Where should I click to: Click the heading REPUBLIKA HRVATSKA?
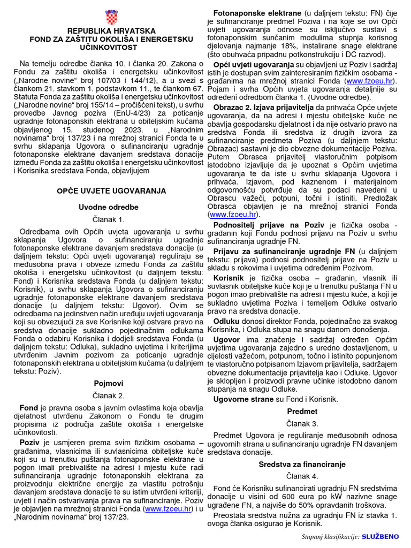pos(111,32)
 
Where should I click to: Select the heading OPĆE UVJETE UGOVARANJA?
pos(111,191)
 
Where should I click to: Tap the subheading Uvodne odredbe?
pos(111,207)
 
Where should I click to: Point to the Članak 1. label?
pos(111,219)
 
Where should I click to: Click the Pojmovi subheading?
pos(111,384)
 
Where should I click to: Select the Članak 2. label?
pos(111,396)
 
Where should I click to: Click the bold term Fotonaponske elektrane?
pos(257,12)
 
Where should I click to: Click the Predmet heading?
pos(302,412)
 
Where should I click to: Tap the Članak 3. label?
pos(302,424)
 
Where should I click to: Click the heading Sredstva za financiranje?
pos(302,464)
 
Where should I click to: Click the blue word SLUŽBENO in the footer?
pos(380,536)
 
